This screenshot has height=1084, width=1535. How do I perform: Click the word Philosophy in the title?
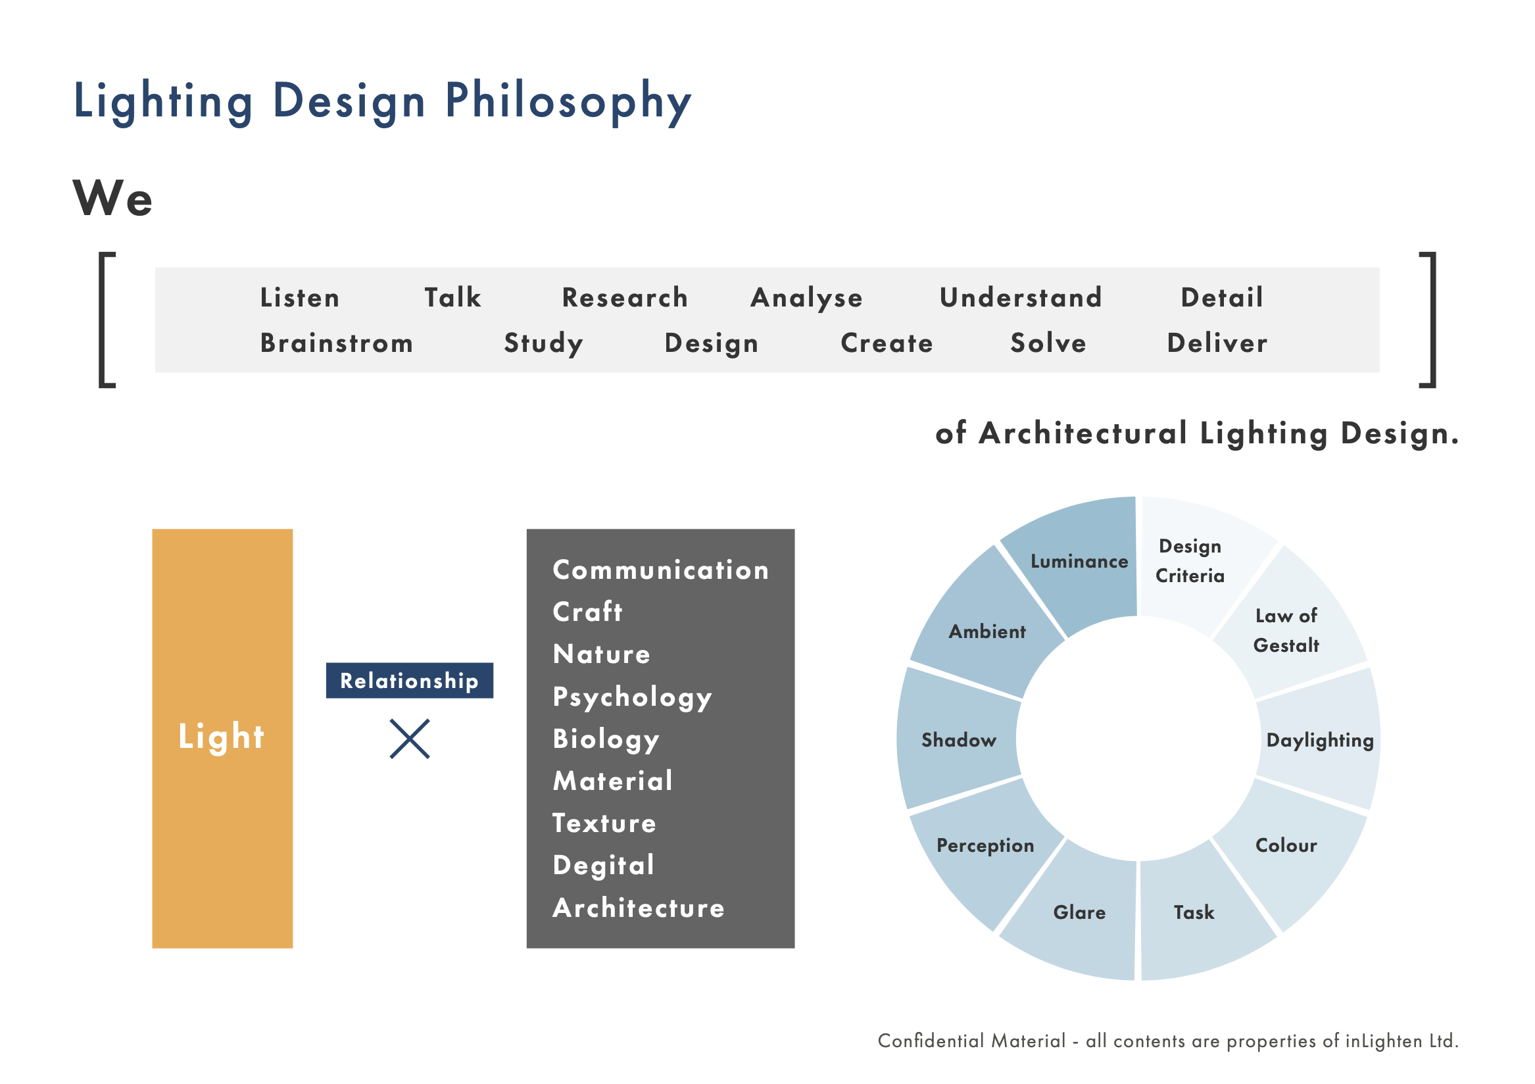click(x=568, y=103)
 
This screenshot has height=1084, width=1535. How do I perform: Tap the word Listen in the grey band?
click(x=300, y=297)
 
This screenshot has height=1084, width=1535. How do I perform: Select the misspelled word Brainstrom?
click(x=337, y=343)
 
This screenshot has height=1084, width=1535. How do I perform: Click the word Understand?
click(x=1021, y=297)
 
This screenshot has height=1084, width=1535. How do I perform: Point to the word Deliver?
click(x=1217, y=343)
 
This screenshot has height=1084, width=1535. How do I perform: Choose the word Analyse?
click(x=807, y=298)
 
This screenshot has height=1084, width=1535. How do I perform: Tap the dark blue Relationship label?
click(x=410, y=681)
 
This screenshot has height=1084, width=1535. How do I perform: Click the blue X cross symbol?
click(x=410, y=739)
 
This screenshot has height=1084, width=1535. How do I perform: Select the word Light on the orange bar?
click(x=221, y=737)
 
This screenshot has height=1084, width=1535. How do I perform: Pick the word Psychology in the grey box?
click(x=633, y=697)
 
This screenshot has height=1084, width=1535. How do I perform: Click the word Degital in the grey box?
click(x=604, y=866)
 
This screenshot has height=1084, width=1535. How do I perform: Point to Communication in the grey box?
click(x=661, y=570)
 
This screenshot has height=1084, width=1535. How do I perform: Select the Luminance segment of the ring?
click(x=1077, y=562)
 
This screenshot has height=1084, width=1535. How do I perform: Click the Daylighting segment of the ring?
click(x=1319, y=739)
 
